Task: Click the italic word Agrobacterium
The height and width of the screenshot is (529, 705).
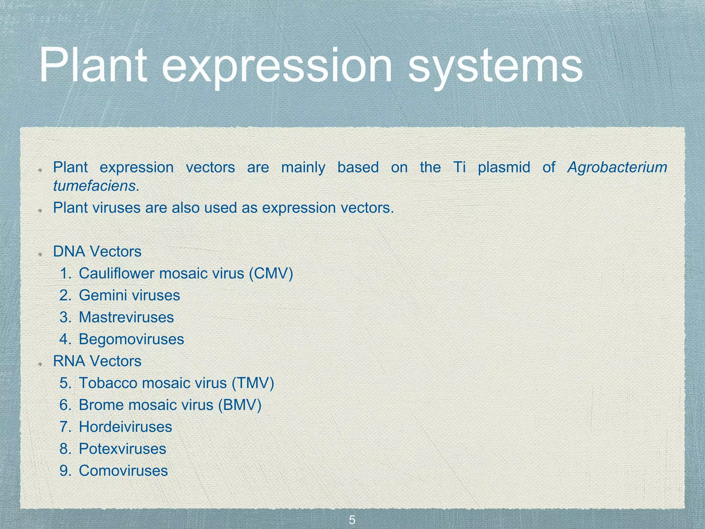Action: (617, 167)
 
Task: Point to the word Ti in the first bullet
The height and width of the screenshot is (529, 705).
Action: (459, 167)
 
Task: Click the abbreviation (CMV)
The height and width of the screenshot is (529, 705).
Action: (271, 273)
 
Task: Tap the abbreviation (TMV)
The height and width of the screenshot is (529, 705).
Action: (253, 383)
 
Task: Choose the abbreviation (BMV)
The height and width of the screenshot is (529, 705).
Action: (240, 405)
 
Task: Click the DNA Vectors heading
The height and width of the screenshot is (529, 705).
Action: (97, 252)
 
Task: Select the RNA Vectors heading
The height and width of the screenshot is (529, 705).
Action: (97, 361)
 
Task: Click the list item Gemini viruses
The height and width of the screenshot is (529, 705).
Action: (129, 295)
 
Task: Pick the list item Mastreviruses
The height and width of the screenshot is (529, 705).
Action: (126, 317)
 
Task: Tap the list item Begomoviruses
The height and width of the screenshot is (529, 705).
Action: (131, 339)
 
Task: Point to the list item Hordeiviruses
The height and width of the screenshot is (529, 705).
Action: (125, 427)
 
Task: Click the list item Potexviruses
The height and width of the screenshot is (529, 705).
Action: (122, 449)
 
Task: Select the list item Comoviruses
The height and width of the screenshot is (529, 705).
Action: (123, 471)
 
